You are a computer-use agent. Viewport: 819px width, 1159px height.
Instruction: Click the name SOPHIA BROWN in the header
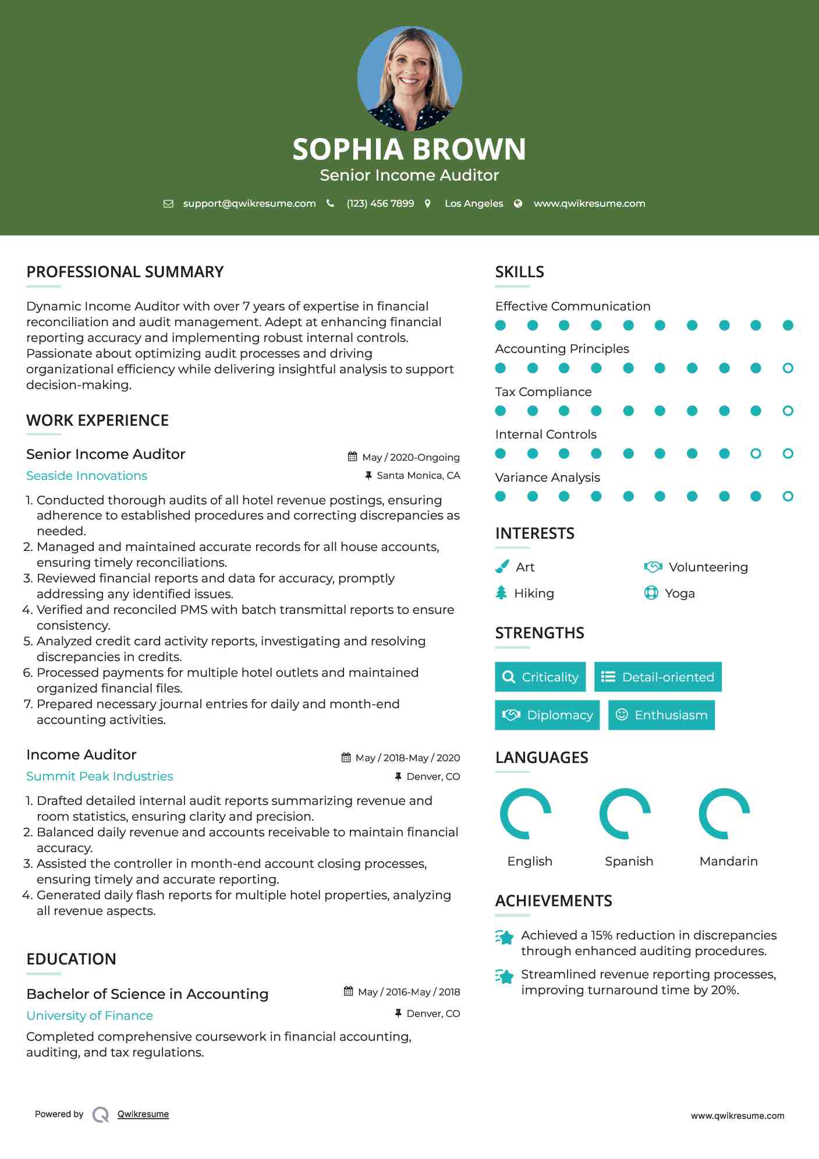[409, 149]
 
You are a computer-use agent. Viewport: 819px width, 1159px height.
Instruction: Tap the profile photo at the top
[410, 78]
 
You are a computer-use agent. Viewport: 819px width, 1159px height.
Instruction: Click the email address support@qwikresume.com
[249, 203]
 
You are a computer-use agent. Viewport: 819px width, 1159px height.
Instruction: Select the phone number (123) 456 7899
[380, 203]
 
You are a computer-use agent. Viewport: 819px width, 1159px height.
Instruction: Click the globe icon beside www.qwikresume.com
[518, 203]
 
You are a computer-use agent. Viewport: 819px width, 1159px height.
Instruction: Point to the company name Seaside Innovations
[87, 476]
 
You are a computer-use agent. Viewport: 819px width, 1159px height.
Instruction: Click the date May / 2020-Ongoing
[410, 457]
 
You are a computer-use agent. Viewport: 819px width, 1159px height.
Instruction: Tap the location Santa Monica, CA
[418, 475]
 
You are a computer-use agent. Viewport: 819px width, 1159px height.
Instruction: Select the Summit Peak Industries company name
[100, 776]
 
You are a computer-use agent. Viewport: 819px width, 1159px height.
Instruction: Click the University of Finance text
[90, 1016]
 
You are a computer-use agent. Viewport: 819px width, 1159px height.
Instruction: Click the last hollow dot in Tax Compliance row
[788, 411]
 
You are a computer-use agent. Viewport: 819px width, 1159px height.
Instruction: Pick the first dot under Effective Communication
[501, 325]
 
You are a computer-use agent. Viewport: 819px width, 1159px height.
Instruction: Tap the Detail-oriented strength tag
[658, 677]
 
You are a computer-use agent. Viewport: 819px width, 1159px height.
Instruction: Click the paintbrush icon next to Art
[502, 567]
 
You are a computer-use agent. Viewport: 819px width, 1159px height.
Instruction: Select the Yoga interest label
[680, 593]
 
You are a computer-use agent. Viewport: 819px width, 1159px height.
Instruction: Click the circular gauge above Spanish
[625, 814]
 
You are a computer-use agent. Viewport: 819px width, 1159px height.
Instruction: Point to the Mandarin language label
[728, 861]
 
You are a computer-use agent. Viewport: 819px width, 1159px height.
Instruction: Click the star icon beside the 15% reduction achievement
[505, 937]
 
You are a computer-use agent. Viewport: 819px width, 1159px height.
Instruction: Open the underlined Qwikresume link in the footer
[143, 1114]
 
